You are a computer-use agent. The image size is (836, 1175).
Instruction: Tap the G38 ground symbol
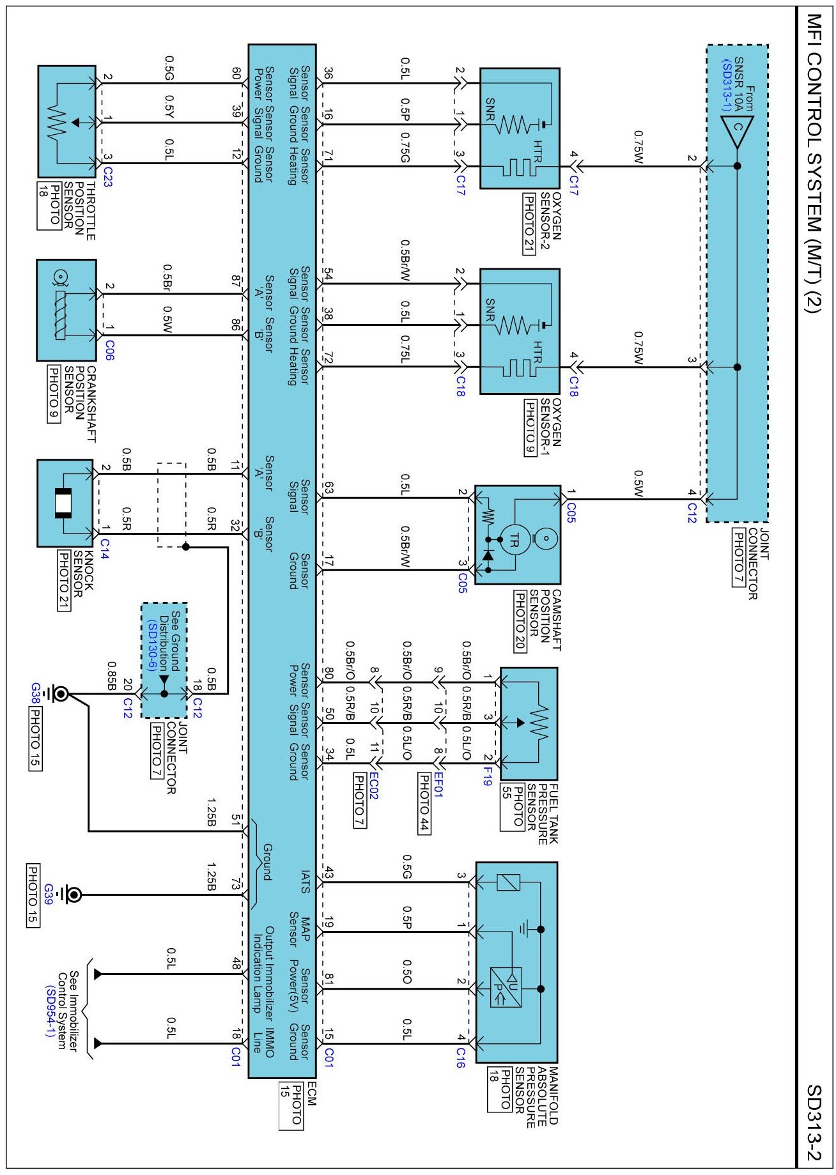coord(61,694)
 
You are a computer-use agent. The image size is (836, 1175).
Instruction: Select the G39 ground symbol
coord(73,895)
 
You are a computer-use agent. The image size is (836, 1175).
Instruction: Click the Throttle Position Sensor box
coord(67,121)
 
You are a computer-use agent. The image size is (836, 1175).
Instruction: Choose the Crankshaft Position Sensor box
coord(66,310)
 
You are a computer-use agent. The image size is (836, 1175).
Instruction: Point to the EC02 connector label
coord(374,785)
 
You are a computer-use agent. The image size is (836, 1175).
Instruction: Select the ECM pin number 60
coord(236,74)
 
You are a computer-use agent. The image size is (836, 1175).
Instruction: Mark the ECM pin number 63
coord(329,489)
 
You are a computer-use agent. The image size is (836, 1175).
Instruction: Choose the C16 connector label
coord(460,1057)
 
